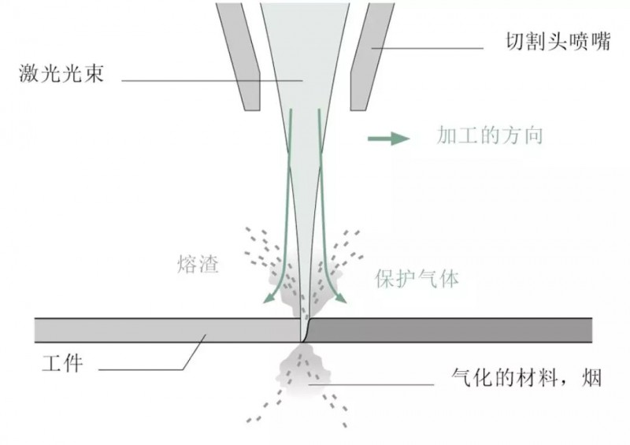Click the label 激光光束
tap(61, 76)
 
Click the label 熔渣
tap(198, 265)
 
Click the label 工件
tap(61, 365)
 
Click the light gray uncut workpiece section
tap(157, 330)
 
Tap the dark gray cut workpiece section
tap(449, 330)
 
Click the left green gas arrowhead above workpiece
tap(268, 297)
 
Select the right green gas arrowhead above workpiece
tap(343, 297)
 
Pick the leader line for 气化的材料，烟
tap(378, 384)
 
